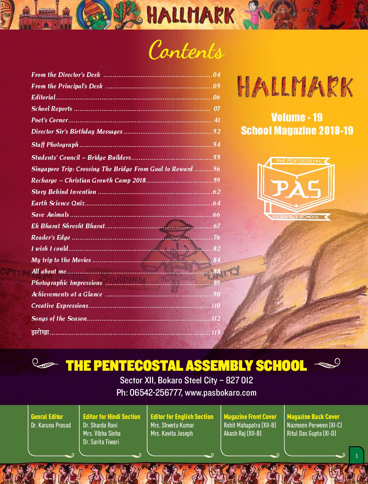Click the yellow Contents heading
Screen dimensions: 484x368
click(186, 51)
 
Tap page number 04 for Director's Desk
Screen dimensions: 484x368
click(216, 75)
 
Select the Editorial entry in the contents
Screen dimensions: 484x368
click(44, 97)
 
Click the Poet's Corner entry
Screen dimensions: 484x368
click(50, 120)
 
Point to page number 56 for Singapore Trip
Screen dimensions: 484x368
click(216, 169)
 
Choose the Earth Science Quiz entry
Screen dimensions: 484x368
click(58, 203)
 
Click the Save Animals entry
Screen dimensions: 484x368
click(50, 215)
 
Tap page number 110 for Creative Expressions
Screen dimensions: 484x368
click(216, 306)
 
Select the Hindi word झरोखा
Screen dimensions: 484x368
click(40, 332)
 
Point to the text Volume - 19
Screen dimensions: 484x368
click(297, 117)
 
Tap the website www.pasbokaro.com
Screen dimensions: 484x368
click(221, 393)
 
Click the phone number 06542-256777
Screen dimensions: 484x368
click(155, 393)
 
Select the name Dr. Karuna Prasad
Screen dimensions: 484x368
click(51, 425)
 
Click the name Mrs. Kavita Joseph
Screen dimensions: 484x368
click(172, 433)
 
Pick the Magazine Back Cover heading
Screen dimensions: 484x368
click(313, 417)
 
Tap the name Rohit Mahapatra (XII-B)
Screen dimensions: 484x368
click(250, 425)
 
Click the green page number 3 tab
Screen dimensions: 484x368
click(356, 456)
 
